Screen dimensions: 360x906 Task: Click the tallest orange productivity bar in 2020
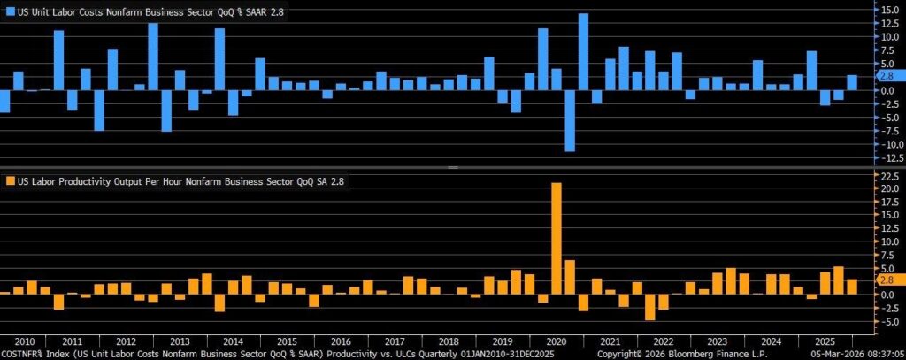(x=557, y=238)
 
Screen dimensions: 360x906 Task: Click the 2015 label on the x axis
(x=287, y=341)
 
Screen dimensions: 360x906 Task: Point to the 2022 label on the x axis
(x=663, y=341)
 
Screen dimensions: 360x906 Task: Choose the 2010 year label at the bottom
(x=25, y=341)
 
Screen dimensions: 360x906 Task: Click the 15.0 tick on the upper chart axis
(x=885, y=9)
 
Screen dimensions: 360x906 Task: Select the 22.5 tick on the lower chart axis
(x=885, y=175)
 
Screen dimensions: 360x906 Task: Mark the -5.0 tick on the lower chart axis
(x=885, y=323)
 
